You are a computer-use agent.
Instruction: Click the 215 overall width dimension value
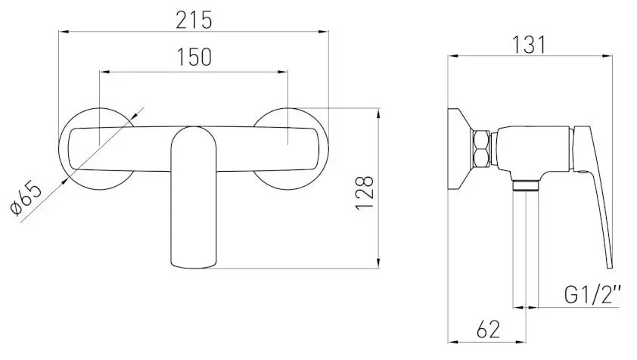(x=194, y=19)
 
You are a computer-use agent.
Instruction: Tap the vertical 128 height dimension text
(x=365, y=194)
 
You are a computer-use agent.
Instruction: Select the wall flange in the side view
(x=458, y=148)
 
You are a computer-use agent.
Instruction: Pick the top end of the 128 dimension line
(x=378, y=108)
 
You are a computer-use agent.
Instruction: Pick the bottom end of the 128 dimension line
(x=378, y=268)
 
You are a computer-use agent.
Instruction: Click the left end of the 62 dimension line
(x=449, y=342)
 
